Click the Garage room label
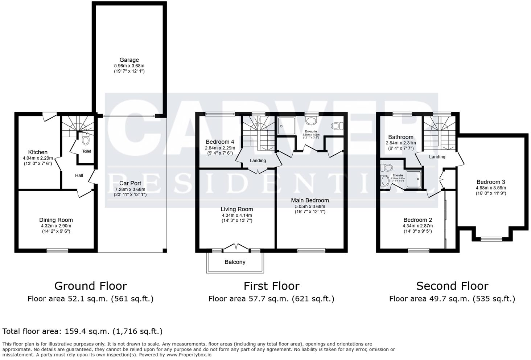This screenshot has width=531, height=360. click(x=129, y=60)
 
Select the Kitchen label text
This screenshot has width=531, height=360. click(x=38, y=152)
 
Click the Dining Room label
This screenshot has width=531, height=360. click(x=56, y=220)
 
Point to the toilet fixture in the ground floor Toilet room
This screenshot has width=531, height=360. click(x=86, y=139)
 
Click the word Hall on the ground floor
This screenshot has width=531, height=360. click(x=79, y=176)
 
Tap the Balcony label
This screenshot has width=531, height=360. click(x=235, y=262)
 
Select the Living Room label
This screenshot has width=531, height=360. click(x=237, y=209)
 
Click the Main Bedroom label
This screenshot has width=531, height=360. click(x=310, y=200)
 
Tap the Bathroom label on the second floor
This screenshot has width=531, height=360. click(x=400, y=137)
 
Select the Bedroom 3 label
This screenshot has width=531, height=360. click(x=490, y=182)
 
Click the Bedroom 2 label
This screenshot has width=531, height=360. click(x=418, y=220)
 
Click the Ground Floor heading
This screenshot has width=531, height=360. click(x=91, y=286)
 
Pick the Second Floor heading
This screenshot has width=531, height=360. click(x=452, y=286)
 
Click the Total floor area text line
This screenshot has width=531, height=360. click(x=82, y=331)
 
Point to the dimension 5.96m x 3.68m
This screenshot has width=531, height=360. click(x=129, y=66)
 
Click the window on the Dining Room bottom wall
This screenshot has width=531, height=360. click(x=57, y=250)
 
